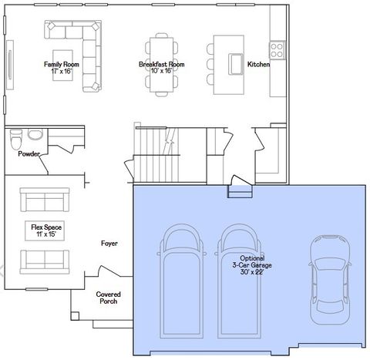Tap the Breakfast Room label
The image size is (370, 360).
click(x=162, y=64)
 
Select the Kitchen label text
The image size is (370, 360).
click(x=258, y=64)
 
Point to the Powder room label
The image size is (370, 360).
click(x=29, y=153)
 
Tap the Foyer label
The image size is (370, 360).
click(x=109, y=244)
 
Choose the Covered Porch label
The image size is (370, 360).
click(x=108, y=298)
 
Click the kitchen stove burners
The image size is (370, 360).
click(x=277, y=49)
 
